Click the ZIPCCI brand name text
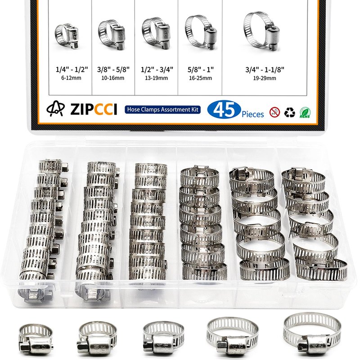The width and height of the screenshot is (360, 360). pos(94,109)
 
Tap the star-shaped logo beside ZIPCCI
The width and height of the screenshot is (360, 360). pos(55,108)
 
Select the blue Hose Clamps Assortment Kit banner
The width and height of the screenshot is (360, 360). pos(162,109)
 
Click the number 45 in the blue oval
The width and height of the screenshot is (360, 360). pos(224,110)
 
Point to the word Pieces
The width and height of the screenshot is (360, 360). pos(252,114)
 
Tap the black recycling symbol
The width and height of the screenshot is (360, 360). pos(289,112)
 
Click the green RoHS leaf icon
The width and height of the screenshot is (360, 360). pos(305,113)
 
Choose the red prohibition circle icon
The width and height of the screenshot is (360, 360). pos(274,112)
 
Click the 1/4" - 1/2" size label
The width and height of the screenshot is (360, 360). pos(72,69)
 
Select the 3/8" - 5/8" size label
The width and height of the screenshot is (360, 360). pos(113,69)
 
